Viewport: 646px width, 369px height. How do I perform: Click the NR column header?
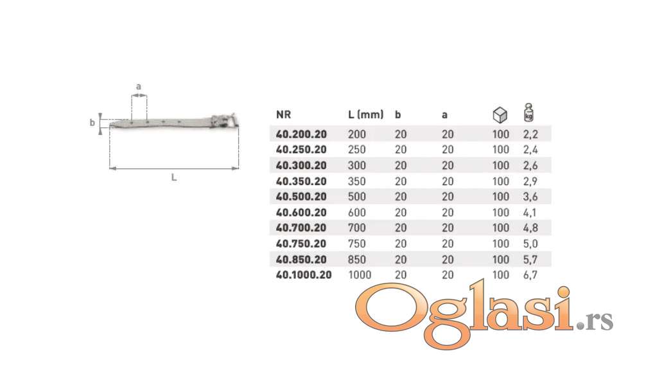(x=283, y=114)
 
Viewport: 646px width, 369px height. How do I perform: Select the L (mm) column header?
(x=366, y=114)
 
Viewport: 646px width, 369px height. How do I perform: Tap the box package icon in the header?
(x=500, y=114)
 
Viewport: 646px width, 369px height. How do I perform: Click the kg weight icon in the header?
(x=528, y=112)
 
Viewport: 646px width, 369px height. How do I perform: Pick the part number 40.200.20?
(x=301, y=134)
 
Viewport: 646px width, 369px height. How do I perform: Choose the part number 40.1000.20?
(x=304, y=274)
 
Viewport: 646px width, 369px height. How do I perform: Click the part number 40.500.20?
(x=301, y=197)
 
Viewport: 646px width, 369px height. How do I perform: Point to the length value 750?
(x=357, y=244)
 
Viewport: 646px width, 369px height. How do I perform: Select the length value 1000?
(x=360, y=274)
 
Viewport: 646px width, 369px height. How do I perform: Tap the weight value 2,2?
(x=530, y=134)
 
